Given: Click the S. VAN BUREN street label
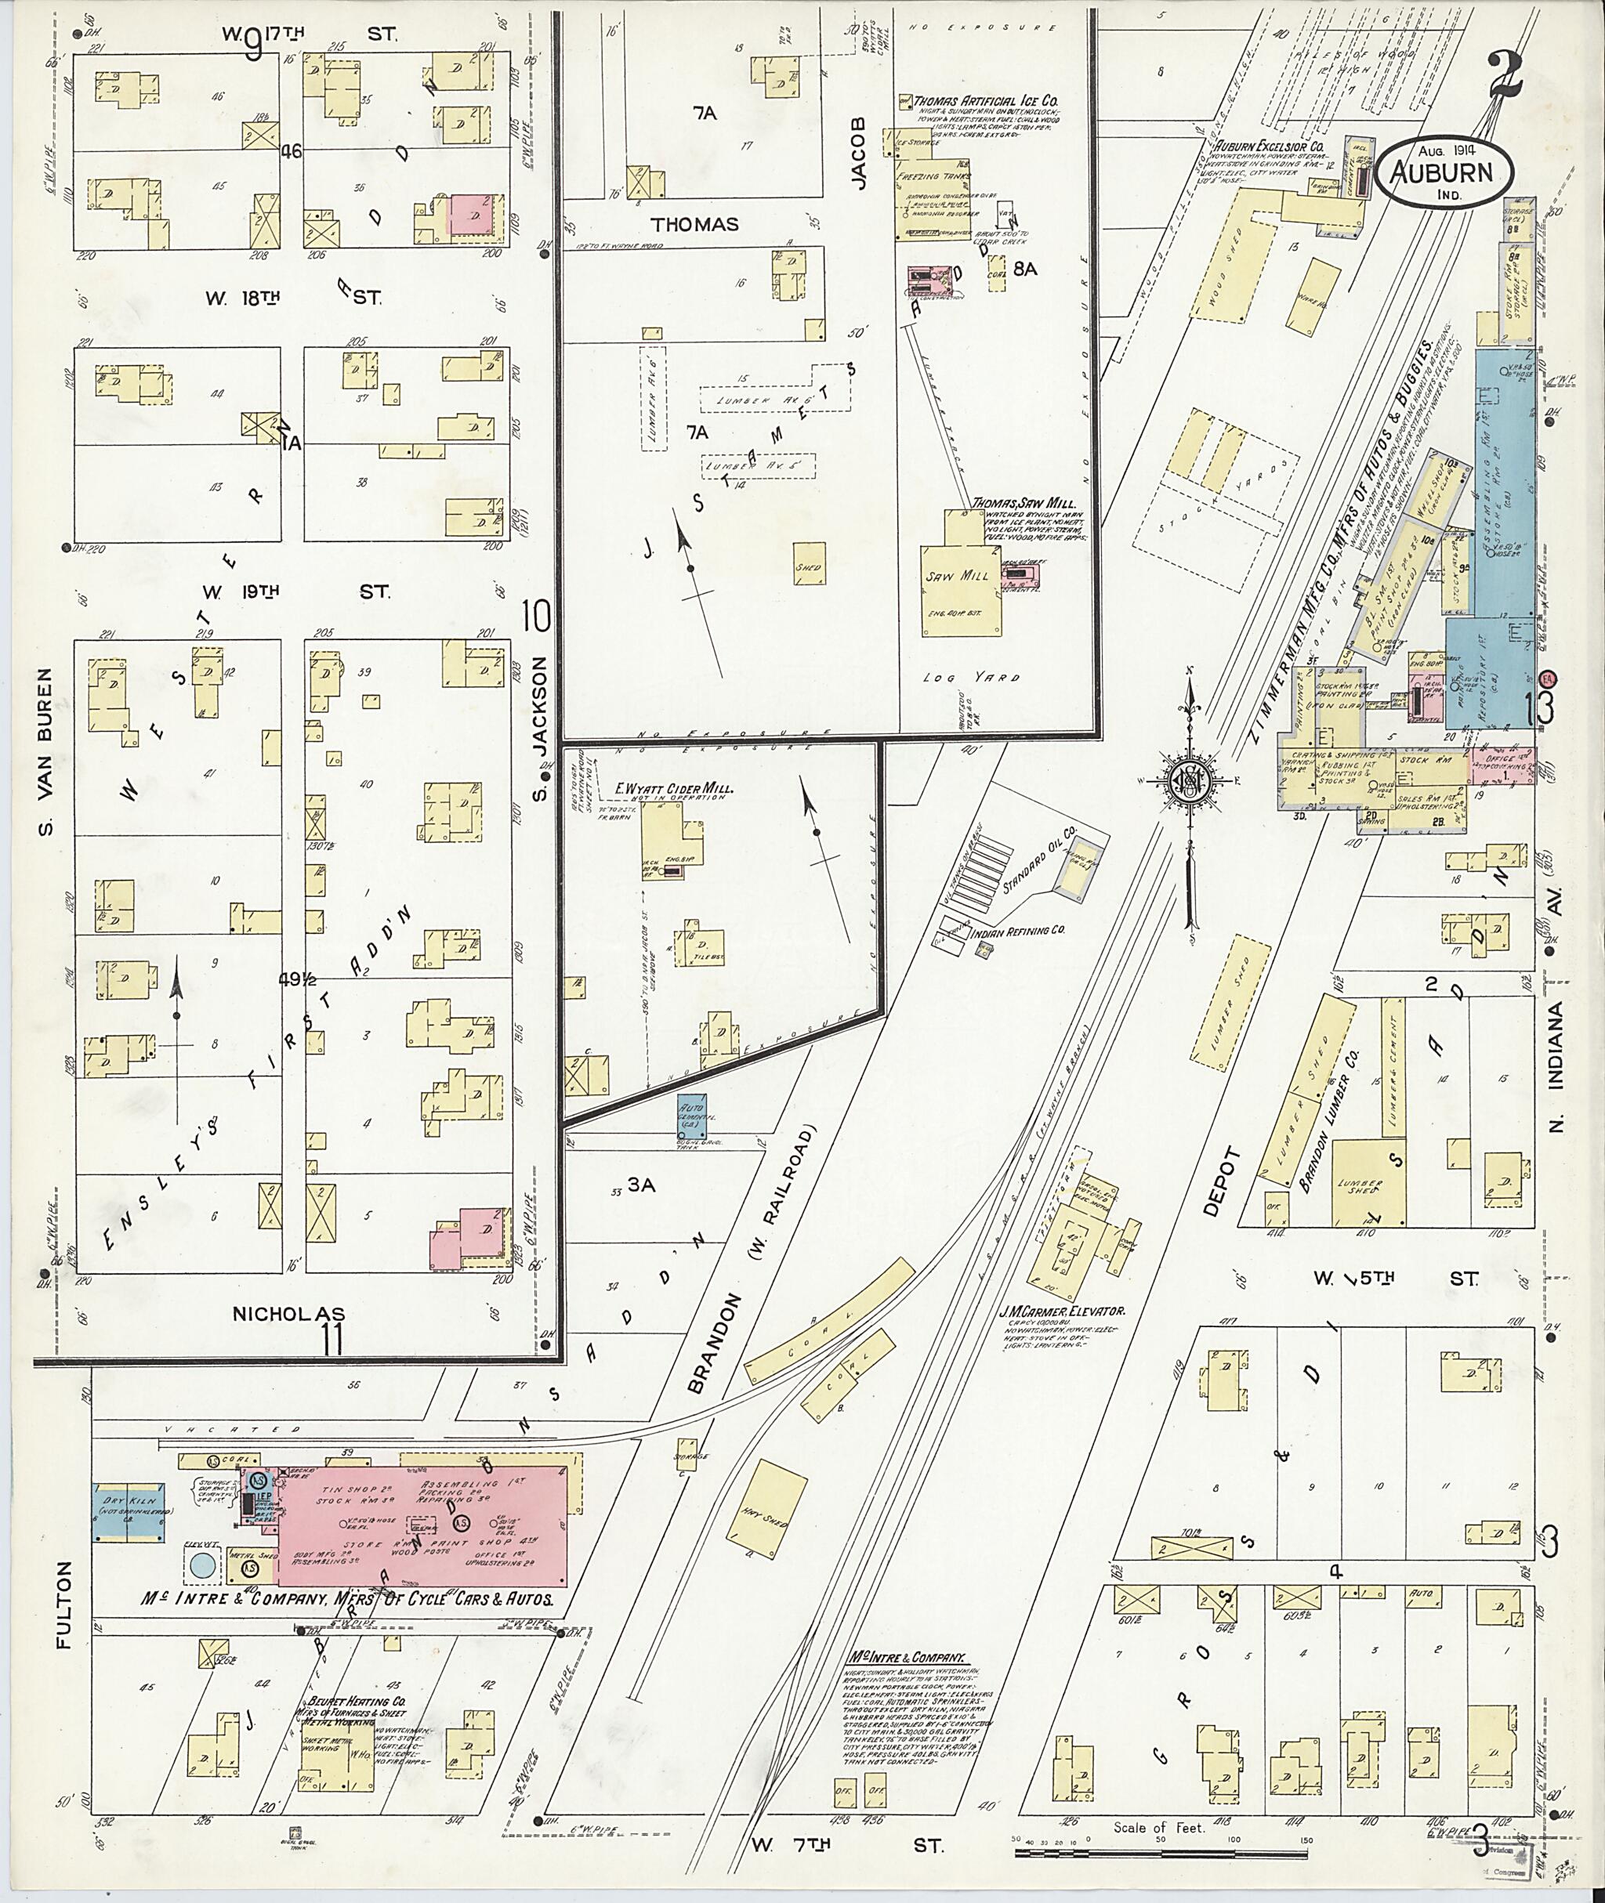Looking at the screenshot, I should (x=47, y=751).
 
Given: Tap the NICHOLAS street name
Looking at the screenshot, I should (x=288, y=1315).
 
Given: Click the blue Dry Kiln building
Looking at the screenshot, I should (x=128, y=1514).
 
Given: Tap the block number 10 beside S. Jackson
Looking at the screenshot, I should (x=537, y=617).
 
